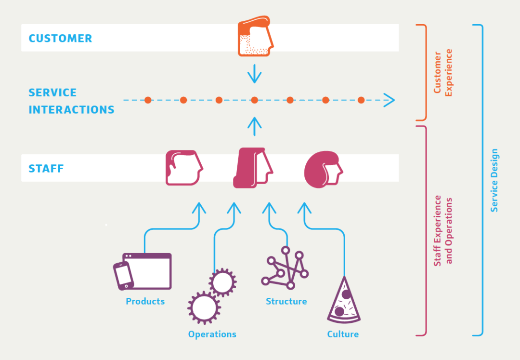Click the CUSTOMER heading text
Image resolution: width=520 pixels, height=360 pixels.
coord(60,38)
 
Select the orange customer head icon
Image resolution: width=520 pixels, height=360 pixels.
coord(255,37)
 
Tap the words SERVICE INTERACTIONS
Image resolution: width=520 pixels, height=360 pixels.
coord(71,101)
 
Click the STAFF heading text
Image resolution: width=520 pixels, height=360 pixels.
coord(46,169)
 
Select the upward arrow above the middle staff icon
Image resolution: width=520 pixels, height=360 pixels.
coord(254,126)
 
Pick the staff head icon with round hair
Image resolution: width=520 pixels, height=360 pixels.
coord(323,169)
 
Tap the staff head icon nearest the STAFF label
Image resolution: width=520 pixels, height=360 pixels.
coord(183,168)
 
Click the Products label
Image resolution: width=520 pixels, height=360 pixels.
coord(145,301)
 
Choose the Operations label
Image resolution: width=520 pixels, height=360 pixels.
coord(212,334)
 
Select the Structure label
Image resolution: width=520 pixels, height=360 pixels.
coord(286,301)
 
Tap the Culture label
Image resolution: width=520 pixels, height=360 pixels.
coord(343,334)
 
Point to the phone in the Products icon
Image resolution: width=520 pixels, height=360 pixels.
coord(123,276)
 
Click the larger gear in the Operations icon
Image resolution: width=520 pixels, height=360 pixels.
coord(204,307)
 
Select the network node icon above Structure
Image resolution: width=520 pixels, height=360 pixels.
coord(285,268)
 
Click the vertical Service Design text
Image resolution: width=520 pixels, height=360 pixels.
coord(494,180)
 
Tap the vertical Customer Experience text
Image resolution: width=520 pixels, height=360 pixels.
coord(443,72)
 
